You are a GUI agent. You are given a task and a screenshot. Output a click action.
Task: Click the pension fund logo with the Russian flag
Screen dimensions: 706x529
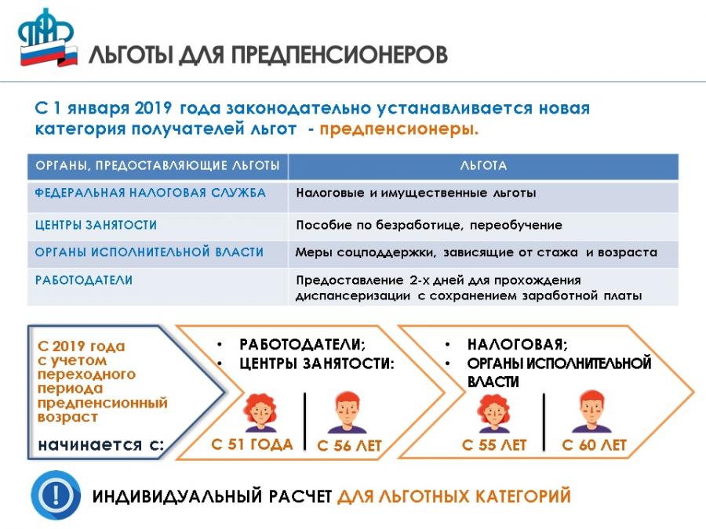47,38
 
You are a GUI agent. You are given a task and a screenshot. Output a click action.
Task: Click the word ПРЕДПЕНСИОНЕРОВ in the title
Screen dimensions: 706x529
340,55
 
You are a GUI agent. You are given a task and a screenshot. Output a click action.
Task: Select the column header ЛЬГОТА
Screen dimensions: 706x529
483,165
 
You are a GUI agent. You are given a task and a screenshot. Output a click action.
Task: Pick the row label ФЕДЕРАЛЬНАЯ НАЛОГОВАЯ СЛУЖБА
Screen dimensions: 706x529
151,193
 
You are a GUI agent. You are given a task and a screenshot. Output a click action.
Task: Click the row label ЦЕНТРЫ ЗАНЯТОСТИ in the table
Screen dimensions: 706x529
96,224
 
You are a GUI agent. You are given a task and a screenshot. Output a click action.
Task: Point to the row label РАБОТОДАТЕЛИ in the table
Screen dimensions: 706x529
84,280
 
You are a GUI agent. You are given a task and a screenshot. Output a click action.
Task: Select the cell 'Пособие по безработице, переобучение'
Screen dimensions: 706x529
429,225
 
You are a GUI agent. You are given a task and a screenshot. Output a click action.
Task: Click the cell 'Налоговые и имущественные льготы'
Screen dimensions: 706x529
416,193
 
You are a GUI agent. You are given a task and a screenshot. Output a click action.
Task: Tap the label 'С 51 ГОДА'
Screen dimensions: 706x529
252,444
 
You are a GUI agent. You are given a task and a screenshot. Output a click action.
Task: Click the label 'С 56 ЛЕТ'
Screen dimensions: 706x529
349,445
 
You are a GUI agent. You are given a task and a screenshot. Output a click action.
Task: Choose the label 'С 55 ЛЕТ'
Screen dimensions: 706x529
494,445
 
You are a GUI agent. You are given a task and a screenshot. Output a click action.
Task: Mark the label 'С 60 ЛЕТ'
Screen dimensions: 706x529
595,445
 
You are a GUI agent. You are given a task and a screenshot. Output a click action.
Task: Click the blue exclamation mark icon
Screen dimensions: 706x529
56,495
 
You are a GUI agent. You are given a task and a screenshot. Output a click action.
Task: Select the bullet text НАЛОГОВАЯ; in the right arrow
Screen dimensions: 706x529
518,345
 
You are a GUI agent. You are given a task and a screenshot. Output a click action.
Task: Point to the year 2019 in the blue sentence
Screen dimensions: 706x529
153,108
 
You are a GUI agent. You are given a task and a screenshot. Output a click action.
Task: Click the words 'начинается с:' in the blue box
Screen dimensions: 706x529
101,445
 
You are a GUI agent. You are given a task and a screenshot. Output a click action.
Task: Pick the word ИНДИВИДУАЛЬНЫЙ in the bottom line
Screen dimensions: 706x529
177,496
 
